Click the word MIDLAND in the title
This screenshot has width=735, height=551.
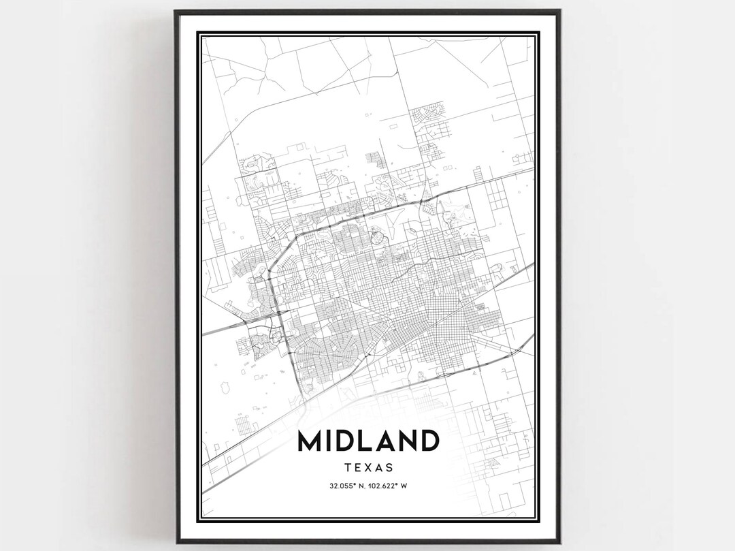click(367, 441)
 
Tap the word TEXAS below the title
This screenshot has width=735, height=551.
click(368, 468)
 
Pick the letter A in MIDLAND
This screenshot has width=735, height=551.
click(390, 441)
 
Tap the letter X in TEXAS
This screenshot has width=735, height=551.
click(368, 468)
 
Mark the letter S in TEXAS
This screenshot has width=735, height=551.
click(390, 468)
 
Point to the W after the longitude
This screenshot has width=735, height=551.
click(404, 486)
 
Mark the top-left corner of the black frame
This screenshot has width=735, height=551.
click(175, 11)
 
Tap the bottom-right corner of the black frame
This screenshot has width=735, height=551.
click(560, 542)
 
